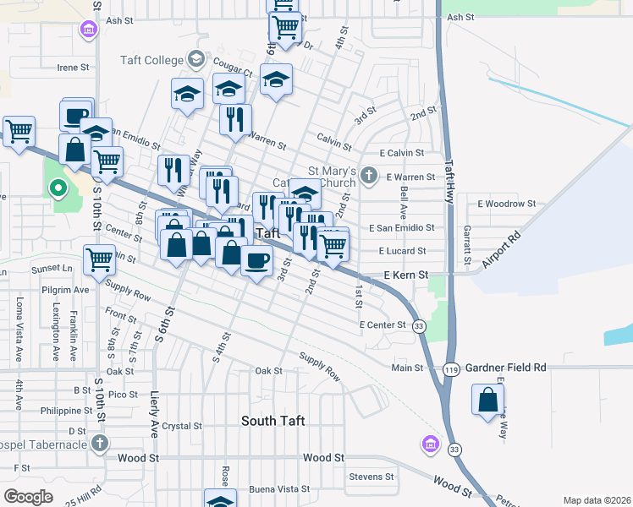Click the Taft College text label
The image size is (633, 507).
[151, 60]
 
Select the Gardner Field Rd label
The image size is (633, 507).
[505, 368]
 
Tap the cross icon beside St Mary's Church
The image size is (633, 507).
[368, 176]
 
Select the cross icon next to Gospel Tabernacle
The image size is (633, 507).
[100, 444]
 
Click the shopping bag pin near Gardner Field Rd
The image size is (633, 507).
[488, 400]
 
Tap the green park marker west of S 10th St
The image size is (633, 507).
[58, 188]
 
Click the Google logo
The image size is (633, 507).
[29, 496]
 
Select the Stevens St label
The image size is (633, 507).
[372, 477]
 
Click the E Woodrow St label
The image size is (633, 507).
[507, 204]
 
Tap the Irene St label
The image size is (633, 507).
[73, 68]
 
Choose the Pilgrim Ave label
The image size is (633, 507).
[69, 289]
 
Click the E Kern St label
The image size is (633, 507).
[406, 275]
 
